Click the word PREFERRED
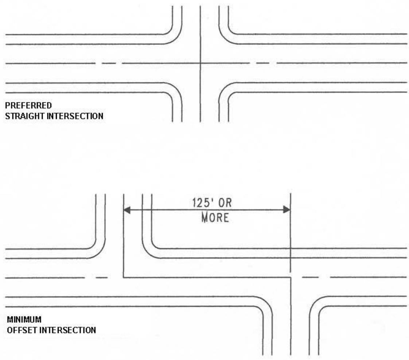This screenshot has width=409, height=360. coord(28,106)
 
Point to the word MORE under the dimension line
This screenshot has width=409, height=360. coord(215,218)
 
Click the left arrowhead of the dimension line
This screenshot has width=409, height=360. coord(127,210)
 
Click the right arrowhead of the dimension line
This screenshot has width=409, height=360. coord(287,210)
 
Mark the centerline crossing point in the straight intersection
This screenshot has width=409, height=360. coord(200,63)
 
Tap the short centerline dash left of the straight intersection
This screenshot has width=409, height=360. coord(108,63)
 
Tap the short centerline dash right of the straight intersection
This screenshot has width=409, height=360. coord(263,63)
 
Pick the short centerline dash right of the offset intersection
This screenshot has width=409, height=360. coord(310,277)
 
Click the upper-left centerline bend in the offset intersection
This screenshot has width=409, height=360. coord(124,278)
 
